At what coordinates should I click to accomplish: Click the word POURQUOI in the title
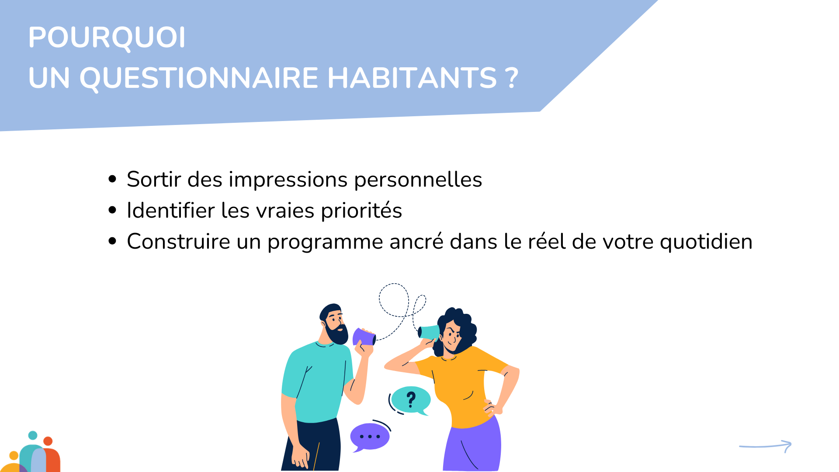(107, 38)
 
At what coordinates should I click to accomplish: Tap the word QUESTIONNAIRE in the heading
(199, 79)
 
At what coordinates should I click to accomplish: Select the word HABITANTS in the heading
(412, 78)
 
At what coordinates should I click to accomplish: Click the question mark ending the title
(513, 78)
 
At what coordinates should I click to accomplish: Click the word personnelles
(418, 180)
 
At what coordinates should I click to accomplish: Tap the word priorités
(361, 211)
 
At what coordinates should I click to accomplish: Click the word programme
(325, 242)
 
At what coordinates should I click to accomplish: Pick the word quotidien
(706, 242)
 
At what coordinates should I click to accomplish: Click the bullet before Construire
(112, 241)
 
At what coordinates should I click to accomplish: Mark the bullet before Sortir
(112, 179)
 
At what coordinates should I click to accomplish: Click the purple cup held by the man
(364, 337)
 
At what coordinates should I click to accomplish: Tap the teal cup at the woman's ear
(429, 332)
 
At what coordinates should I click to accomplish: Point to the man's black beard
(337, 334)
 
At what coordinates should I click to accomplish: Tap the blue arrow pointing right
(765, 446)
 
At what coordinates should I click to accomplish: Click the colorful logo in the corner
(31, 452)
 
